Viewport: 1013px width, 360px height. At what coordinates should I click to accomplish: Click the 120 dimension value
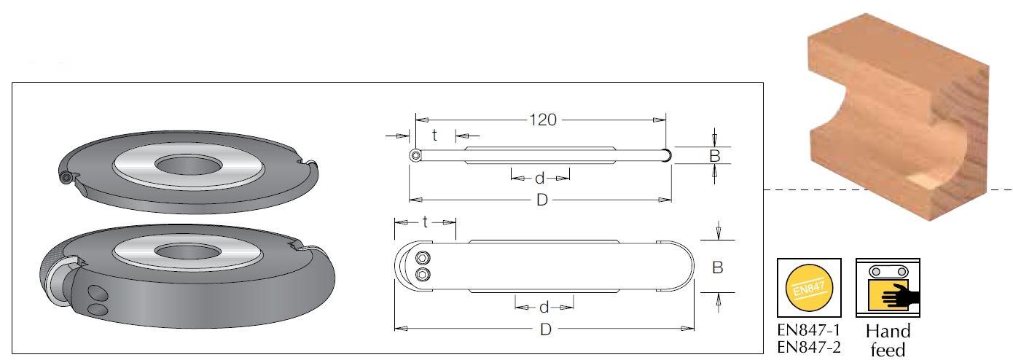tap(543, 120)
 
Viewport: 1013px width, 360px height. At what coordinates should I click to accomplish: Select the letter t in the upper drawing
tap(434, 135)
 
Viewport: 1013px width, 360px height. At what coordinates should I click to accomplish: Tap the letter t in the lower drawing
tap(425, 222)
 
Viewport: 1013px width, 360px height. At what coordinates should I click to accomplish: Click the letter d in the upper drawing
tap(539, 179)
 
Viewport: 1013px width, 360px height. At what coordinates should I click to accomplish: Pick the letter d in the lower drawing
tap(544, 308)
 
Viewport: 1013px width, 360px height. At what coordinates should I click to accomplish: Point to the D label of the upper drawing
tap(541, 200)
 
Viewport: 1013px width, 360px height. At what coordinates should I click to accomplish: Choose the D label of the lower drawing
tap(545, 329)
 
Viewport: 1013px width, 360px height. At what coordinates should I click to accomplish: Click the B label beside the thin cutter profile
tap(714, 156)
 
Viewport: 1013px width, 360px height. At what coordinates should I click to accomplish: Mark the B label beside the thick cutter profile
tap(718, 267)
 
